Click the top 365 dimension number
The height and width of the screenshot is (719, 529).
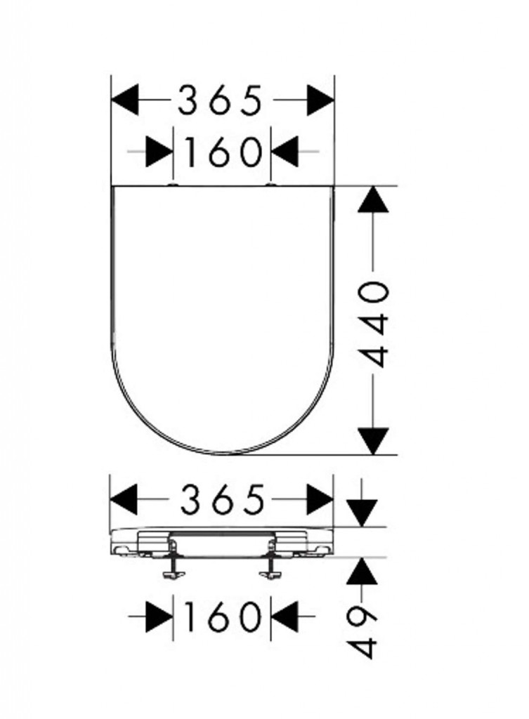[x=219, y=100]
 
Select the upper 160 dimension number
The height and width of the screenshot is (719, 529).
[x=222, y=152]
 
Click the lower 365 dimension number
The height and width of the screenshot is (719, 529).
[x=222, y=499]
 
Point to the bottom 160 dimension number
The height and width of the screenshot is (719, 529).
[x=222, y=616]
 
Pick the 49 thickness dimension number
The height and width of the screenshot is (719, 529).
[x=362, y=633]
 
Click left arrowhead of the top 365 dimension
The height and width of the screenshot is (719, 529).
[x=125, y=100]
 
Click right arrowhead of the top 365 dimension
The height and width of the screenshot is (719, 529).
[x=320, y=100]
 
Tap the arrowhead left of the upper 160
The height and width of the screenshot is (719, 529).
[x=159, y=152]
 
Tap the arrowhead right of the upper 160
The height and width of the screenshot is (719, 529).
[x=285, y=152]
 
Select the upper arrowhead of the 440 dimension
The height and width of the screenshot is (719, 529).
[x=374, y=199]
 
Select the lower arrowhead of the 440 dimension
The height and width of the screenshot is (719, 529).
[x=374, y=441]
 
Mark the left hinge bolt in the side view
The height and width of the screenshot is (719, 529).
[x=173, y=560]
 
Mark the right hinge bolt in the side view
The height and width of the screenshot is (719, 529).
[x=270, y=560]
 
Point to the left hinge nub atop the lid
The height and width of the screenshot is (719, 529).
[x=173, y=185]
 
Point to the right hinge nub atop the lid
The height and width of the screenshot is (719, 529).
[x=271, y=185]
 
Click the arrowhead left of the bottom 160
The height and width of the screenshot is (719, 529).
[x=159, y=616]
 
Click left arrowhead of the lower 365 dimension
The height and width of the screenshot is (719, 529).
[x=124, y=499]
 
